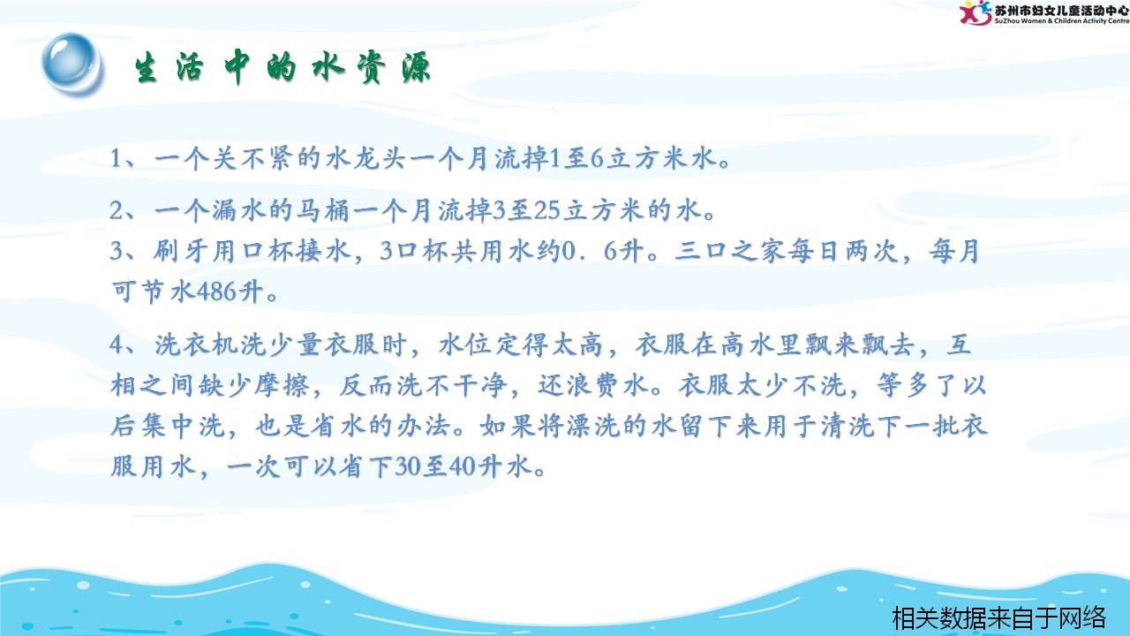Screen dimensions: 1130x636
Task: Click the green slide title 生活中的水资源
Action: coord(282,68)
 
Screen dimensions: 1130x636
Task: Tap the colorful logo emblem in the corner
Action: coord(975,12)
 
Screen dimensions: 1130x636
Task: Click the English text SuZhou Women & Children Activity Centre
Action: coord(1061,21)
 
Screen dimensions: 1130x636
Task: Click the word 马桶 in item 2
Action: coord(322,210)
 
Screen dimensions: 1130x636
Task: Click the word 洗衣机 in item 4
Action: coord(196,344)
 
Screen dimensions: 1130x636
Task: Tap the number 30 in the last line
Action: coord(408,466)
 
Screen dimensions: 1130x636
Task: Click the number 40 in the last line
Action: coord(463,466)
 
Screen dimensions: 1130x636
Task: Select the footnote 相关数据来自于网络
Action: coord(998,617)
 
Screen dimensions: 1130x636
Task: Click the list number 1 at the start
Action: coord(116,158)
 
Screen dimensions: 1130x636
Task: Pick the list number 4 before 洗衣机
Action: coord(117,345)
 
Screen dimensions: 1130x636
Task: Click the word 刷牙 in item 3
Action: coord(181,251)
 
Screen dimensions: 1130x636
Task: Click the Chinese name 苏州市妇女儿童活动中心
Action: coord(1061,9)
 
